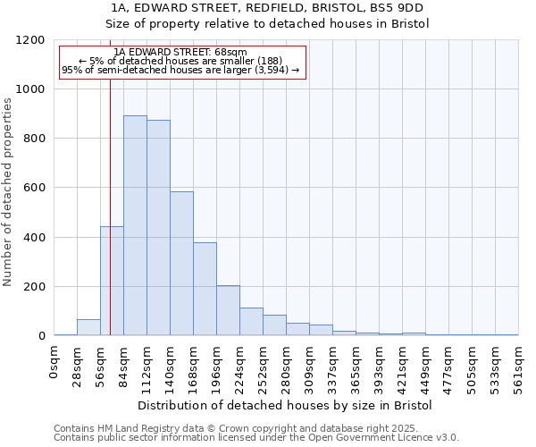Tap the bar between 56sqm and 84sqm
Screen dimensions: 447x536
(112, 281)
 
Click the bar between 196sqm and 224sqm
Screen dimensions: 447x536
(228, 311)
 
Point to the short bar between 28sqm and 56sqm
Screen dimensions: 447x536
(88, 327)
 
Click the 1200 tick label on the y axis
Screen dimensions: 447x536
(29, 40)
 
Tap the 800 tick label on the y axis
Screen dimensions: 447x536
(33, 139)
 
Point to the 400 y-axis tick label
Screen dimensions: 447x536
(33, 238)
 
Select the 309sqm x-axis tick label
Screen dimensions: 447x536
(310, 367)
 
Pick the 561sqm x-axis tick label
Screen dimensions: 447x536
(519, 367)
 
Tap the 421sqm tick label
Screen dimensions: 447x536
(403, 367)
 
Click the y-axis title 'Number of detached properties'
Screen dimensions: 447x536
(8, 193)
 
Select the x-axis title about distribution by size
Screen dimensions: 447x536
(286, 405)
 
